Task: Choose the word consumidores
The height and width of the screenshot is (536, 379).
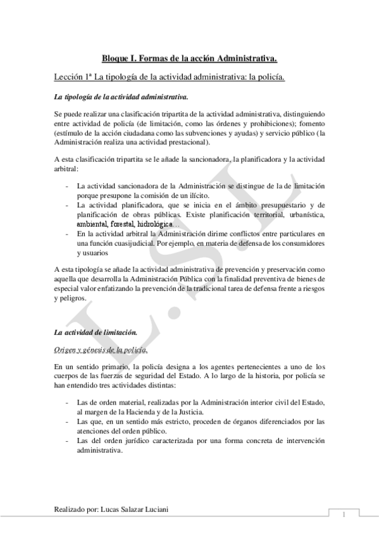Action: click(301, 243)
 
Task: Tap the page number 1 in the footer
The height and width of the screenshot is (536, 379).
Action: click(342, 513)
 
